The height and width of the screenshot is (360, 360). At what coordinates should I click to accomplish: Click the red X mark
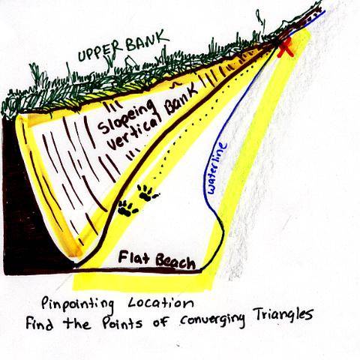pyautogui.click(x=286, y=48)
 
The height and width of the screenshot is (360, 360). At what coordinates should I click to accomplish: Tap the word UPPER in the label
pyautogui.click(x=101, y=52)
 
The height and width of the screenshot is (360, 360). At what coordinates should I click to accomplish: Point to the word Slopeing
pyautogui.click(x=126, y=117)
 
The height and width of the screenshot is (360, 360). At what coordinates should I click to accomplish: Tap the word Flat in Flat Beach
pyautogui.click(x=133, y=257)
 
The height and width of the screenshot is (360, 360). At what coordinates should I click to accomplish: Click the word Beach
pyautogui.click(x=175, y=262)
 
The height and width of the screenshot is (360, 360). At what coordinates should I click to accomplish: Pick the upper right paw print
pyautogui.click(x=147, y=193)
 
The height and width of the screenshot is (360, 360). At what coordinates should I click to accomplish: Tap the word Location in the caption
pyautogui.click(x=161, y=302)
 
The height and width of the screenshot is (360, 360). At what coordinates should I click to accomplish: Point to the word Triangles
pyautogui.click(x=283, y=315)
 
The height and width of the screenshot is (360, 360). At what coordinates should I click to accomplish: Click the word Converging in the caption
pyautogui.click(x=212, y=321)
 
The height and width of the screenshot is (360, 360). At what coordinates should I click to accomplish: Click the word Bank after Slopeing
pyautogui.click(x=181, y=100)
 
